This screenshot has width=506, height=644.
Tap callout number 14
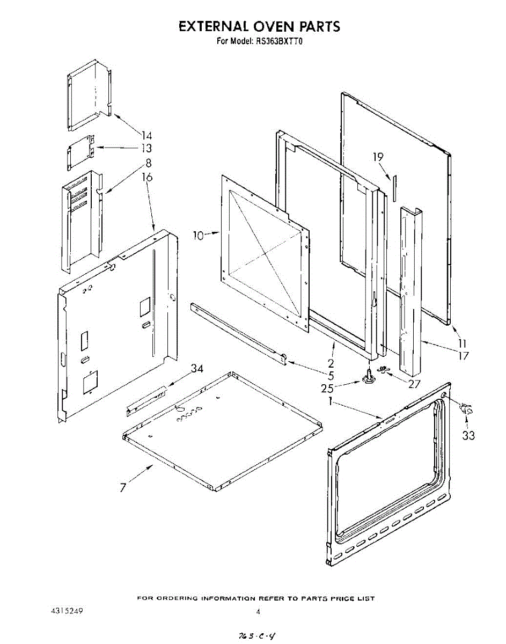(146, 136)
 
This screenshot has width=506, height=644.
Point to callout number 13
(145, 149)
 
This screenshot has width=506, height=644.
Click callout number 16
(146, 177)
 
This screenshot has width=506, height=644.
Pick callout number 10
(199, 234)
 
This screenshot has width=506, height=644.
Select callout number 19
(379, 157)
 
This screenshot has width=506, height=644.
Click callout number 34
(197, 368)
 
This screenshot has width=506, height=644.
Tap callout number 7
(123, 488)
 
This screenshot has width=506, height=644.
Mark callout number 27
(413, 384)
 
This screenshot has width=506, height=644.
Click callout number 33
(468, 435)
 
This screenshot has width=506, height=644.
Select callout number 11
(462, 343)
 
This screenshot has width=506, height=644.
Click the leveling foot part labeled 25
(369, 377)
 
